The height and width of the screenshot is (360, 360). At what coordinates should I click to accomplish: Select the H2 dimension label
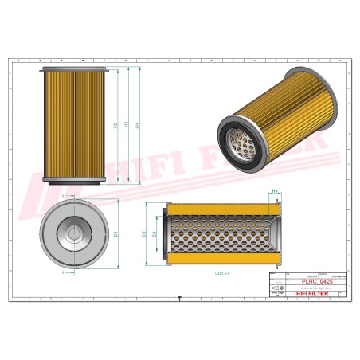127,125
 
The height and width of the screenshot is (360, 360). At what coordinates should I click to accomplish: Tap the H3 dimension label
116,125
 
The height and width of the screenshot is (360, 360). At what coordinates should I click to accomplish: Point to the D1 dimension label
116,234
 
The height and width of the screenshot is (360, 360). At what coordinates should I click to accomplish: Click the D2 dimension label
144,234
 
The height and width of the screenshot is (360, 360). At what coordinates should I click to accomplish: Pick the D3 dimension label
155,234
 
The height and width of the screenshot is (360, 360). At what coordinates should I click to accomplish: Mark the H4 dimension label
275,192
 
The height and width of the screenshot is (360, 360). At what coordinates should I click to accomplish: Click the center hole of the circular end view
73,233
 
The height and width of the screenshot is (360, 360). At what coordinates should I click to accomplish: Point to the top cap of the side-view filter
73,68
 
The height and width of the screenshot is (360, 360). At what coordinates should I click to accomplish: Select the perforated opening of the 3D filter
239,142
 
